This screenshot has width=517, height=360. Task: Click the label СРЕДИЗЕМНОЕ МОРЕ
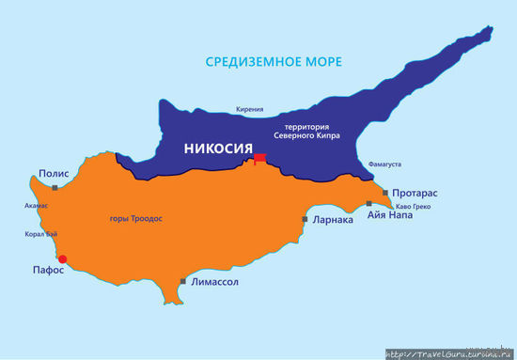tap(274, 62)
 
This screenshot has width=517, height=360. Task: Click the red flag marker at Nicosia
tap(258, 159)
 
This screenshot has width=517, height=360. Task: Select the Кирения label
tap(249, 109)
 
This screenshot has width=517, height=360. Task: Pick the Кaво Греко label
tap(415, 206)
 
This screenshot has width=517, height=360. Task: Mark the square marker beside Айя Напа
tap(369, 204)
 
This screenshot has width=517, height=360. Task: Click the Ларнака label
tap(333, 220)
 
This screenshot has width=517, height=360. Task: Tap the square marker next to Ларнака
tap(305, 219)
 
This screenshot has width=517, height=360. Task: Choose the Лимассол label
tap(214, 281)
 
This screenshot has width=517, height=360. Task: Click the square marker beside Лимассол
tap(183, 280)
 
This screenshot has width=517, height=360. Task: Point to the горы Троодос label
tap(137, 219)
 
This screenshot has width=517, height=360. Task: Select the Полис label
tap(55, 174)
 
